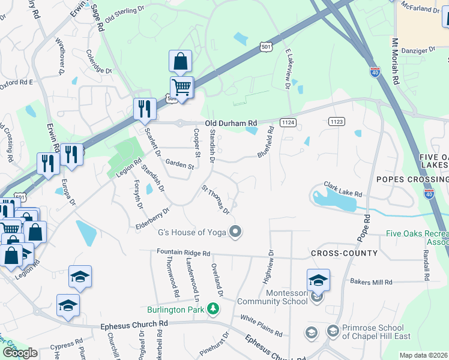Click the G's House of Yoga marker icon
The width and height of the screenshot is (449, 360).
tap(236, 231)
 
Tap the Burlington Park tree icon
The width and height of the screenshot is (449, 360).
tap(212, 309)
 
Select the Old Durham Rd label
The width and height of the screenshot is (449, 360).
tap(231, 123)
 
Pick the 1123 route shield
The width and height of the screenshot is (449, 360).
tap(337, 122)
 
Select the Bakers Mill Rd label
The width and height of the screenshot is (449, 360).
tap(371, 281)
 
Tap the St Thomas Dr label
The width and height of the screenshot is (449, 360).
tap(215, 200)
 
